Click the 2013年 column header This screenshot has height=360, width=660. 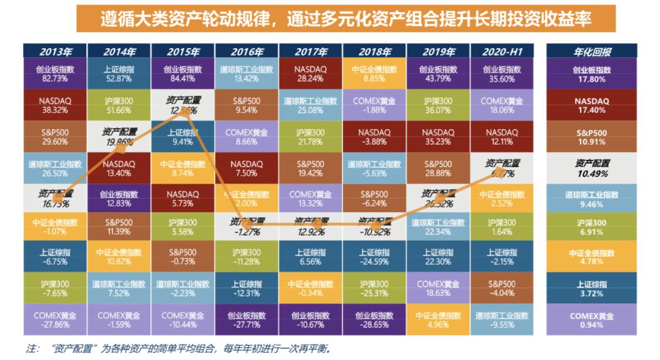[x=55, y=52]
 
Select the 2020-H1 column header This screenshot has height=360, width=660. [x=502, y=52]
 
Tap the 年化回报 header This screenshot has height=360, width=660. [x=592, y=52]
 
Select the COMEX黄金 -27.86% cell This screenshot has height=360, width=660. [x=55, y=320]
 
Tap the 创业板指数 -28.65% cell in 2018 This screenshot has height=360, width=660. [x=374, y=320]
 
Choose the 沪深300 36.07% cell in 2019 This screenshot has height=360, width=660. [x=438, y=105]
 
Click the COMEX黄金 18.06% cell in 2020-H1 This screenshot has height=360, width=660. [x=502, y=105]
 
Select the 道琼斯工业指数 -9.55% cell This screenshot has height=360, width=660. [x=502, y=320]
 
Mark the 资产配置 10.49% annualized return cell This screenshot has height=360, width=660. [x=592, y=168]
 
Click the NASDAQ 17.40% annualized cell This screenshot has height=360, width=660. [x=592, y=105]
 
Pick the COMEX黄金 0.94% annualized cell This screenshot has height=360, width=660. [x=592, y=320]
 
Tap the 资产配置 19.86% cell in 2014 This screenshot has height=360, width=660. [x=119, y=136]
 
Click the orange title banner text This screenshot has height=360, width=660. [x=345, y=19]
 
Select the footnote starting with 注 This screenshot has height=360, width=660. [x=177, y=350]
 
